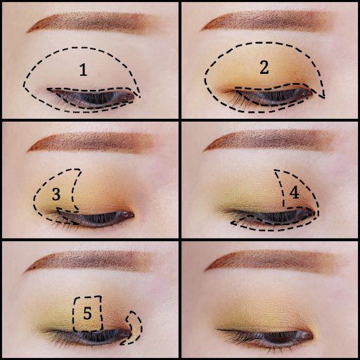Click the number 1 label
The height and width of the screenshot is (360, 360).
84,70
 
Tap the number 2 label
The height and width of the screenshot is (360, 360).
264,67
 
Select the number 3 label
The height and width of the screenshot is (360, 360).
56,194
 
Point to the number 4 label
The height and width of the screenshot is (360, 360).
294,193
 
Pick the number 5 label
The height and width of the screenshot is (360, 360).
87,313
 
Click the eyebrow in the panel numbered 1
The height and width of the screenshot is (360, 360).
94,22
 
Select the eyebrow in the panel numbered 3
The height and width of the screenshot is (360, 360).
91,143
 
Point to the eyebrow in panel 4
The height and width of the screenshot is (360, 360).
269,141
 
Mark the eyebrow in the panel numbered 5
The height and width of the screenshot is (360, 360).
90,262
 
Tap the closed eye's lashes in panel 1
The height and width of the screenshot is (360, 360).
93,98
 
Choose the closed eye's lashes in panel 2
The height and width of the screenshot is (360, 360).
272,96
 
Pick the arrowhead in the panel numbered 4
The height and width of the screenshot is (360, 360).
234,223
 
